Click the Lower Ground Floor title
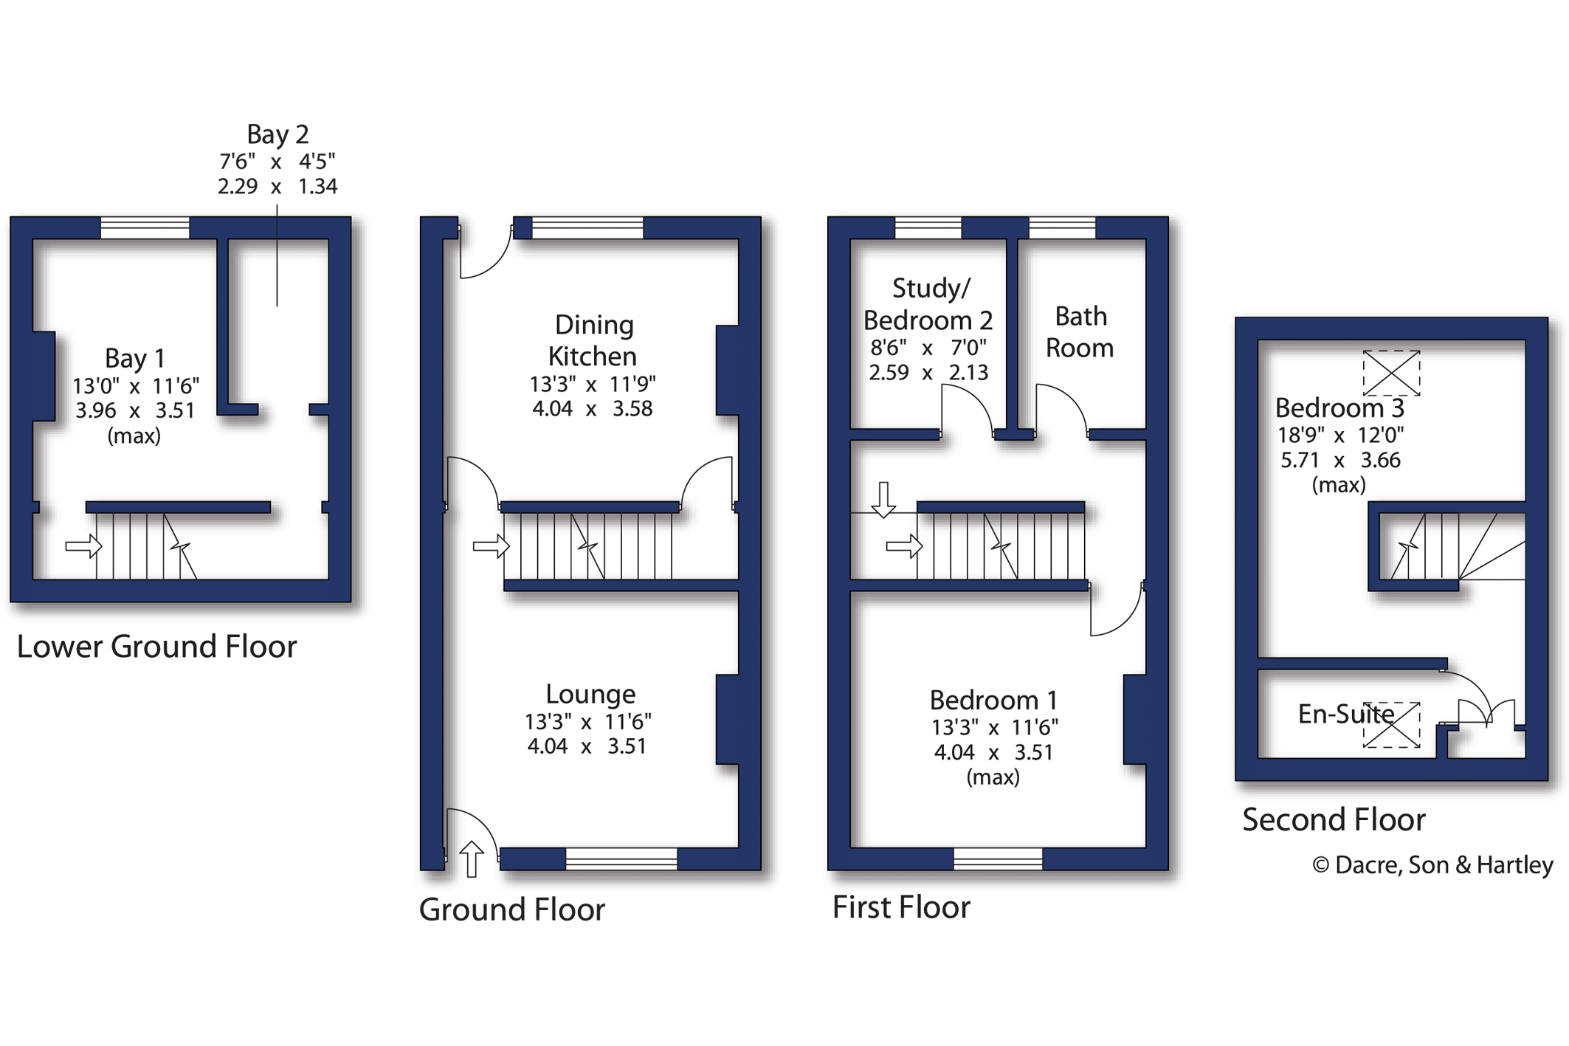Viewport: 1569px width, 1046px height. (x=156, y=647)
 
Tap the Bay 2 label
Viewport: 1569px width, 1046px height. (x=277, y=134)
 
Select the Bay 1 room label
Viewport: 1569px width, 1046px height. (x=134, y=358)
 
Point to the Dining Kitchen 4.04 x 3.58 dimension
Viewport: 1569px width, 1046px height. (x=593, y=408)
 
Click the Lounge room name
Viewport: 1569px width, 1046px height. (x=590, y=694)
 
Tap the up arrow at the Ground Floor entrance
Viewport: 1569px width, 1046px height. (x=472, y=859)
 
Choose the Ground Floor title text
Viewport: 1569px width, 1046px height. (x=512, y=909)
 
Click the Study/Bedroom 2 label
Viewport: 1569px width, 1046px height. (x=928, y=304)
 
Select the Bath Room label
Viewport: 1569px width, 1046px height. (x=1080, y=331)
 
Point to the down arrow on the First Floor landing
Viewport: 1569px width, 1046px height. (x=883, y=500)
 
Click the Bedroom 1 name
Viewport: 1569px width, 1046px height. (x=993, y=700)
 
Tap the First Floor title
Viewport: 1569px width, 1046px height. (x=901, y=907)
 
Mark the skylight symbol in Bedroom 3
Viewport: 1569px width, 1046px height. (x=1391, y=373)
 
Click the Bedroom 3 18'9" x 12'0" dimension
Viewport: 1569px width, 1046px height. (x=1340, y=435)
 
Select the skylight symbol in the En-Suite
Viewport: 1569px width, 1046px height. (x=1391, y=725)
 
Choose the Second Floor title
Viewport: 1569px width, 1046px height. (x=1334, y=819)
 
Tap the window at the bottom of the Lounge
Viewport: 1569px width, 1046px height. (x=621, y=859)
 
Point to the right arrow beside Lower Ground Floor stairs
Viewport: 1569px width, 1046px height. (x=83, y=546)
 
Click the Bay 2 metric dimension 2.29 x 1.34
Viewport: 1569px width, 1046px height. (x=277, y=186)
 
